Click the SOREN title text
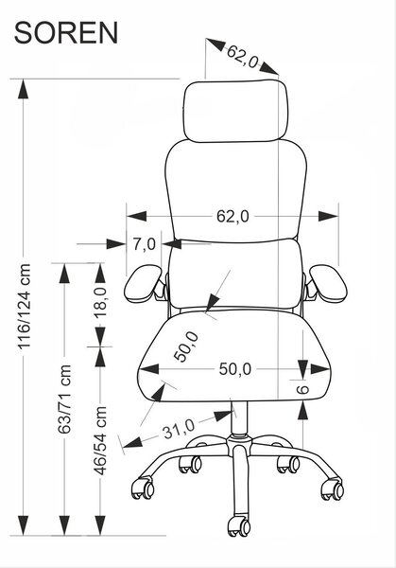66,33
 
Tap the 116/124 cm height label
25,307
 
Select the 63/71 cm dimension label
64,399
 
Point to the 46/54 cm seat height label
100,440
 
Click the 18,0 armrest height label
100,302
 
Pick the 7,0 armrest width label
144,244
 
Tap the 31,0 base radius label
179,429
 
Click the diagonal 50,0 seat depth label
186,346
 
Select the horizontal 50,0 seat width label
234,369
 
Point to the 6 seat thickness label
302,389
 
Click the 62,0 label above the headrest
243,56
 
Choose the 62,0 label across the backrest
232,216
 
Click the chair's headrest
235,111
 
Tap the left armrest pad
144,283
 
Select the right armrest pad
328,283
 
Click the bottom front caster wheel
239,526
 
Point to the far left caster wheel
144,488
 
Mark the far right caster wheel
333,489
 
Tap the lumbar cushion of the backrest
235,275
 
